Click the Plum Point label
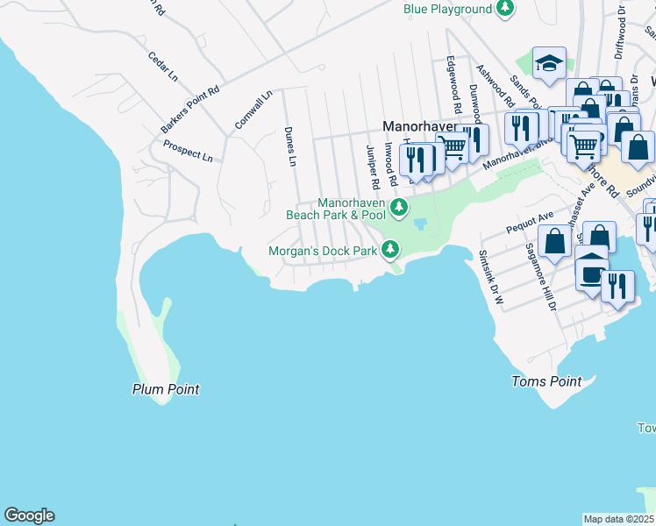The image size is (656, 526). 166,389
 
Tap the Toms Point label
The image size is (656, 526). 546,381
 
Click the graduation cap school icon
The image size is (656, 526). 549,64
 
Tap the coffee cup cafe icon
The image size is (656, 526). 592,273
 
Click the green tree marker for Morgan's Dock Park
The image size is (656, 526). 390,251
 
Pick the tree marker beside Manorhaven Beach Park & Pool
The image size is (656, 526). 399,208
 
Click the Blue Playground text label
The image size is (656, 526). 447,10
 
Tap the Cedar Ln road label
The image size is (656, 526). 162,68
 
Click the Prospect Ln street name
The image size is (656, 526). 188,152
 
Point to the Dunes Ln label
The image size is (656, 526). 291,146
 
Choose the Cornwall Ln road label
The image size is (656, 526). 253,110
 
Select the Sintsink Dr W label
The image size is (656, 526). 491,277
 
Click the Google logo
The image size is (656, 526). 29,515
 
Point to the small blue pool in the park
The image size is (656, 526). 419,224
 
